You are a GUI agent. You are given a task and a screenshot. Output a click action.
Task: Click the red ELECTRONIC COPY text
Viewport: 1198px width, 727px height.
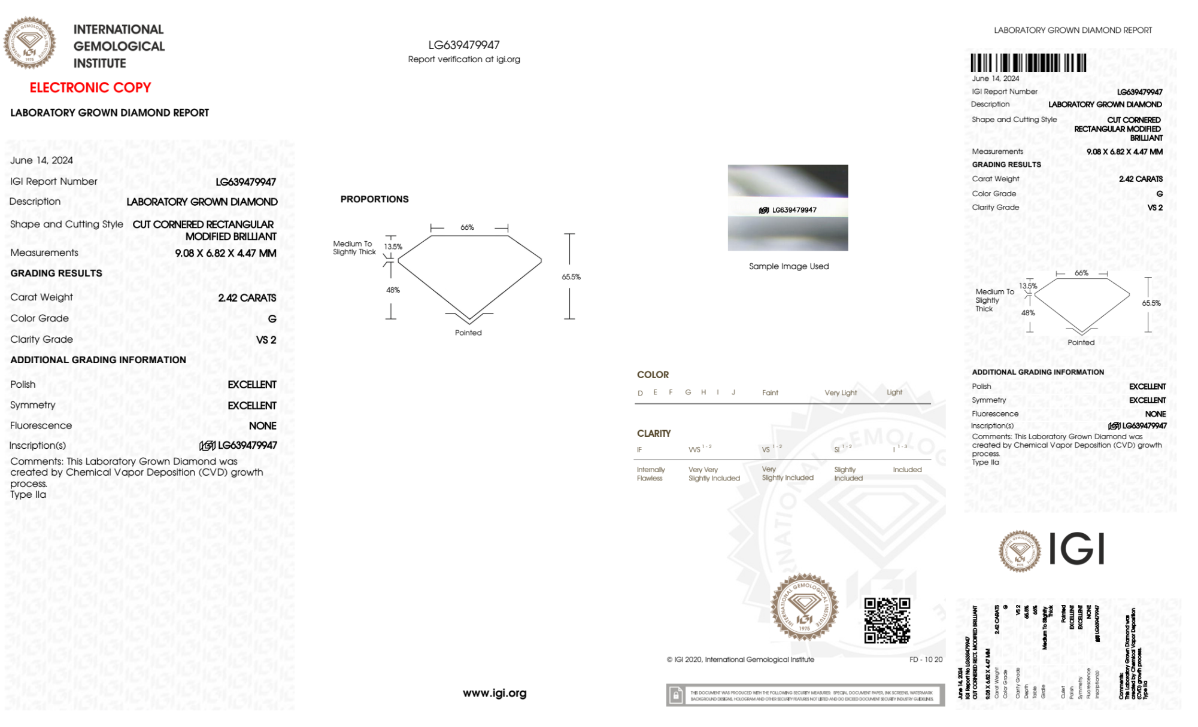pos(90,87)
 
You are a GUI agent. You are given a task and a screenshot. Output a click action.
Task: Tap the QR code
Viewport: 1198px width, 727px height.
pos(887,620)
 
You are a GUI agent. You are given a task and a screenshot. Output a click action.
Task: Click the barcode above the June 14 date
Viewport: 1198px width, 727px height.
pos(1028,63)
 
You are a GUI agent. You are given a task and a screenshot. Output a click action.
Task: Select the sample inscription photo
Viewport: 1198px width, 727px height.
pos(787,208)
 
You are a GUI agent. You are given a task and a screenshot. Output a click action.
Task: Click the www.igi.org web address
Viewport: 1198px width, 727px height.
pos(495,693)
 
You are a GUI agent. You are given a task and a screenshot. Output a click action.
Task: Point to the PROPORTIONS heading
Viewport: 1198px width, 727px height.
pos(374,199)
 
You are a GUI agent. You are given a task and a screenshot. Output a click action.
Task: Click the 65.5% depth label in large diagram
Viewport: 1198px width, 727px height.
pos(571,277)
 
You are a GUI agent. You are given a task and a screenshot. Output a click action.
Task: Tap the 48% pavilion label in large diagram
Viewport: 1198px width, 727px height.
pos(393,290)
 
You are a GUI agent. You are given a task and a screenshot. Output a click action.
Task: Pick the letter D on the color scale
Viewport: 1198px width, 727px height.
pos(640,393)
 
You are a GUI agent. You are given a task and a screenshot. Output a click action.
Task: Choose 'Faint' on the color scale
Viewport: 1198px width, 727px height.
pos(770,393)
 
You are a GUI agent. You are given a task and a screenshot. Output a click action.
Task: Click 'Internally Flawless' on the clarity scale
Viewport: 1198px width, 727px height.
pos(650,474)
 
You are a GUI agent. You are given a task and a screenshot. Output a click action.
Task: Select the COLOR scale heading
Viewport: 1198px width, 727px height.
pos(653,375)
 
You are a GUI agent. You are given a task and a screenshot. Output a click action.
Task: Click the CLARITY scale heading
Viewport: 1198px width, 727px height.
pos(654,433)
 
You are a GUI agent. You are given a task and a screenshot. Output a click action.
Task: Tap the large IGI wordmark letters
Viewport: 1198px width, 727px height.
pos(1077,549)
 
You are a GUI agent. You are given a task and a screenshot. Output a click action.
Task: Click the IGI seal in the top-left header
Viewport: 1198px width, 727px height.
pos(29,43)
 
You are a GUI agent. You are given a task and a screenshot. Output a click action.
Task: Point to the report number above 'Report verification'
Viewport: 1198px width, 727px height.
pos(463,45)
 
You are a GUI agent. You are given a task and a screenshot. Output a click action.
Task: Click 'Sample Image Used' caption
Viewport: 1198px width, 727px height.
pos(788,266)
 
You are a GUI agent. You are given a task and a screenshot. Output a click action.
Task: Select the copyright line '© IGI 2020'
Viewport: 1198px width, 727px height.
pos(741,659)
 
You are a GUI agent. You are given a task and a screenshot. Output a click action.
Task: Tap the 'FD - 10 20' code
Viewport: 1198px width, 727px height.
pos(926,659)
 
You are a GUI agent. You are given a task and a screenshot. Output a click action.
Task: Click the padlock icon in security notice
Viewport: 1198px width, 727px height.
pos(676,695)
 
